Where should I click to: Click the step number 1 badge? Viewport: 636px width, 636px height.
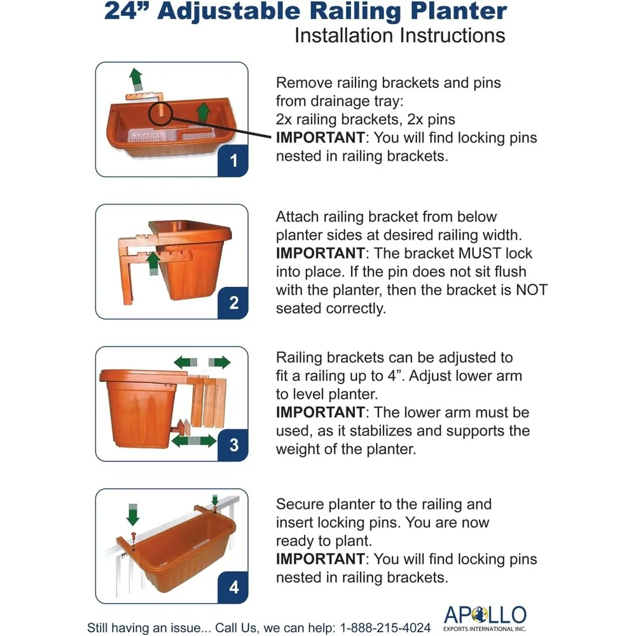click(233, 161)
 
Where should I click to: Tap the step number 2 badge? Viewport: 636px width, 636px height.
click(233, 303)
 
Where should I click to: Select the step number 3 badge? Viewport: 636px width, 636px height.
click(233, 445)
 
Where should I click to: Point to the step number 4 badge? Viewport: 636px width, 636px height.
click(233, 587)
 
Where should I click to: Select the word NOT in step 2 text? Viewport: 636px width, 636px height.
click(531, 290)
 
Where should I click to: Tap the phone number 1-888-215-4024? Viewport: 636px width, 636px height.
click(385, 628)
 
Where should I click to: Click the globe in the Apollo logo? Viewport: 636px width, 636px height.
click(480, 614)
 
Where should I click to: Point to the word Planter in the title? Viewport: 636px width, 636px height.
click(459, 11)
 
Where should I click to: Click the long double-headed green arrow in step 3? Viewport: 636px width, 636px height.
click(194, 441)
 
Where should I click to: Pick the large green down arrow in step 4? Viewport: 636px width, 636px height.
click(133, 515)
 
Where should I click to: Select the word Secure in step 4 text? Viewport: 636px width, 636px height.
click(300, 504)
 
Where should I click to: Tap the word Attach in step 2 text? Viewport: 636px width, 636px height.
click(297, 217)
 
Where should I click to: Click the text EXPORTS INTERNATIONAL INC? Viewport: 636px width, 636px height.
click(485, 629)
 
